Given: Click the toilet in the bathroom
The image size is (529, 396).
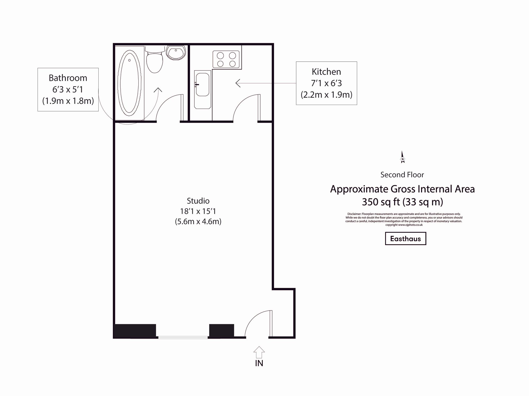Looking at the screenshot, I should click(x=155, y=62).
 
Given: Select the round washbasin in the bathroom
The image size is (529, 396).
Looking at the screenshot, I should click(x=176, y=53).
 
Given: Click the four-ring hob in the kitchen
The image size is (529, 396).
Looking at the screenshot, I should click(x=226, y=59).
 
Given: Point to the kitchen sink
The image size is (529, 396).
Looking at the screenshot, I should click(x=203, y=85).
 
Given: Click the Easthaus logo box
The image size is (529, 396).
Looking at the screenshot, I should click(x=405, y=239).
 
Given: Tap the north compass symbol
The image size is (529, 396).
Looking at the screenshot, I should click(x=403, y=158).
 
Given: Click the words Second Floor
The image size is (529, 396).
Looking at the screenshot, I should click(x=402, y=175).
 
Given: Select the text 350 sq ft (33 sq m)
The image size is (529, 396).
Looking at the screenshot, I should click(x=402, y=202).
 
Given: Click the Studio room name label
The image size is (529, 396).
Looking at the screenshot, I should click(x=198, y=201).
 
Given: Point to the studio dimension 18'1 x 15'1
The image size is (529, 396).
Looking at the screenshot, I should click(x=198, y=211).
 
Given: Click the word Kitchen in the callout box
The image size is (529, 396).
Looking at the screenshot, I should click(x=326, y=72).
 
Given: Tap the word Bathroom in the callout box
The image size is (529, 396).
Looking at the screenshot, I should click(x=68, y=78).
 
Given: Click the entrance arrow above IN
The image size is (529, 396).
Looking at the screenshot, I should click(x=259, y=352).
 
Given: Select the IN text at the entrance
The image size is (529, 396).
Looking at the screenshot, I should click(x=259, y=363).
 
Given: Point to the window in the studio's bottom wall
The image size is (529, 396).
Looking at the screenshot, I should click(x=183, y=337).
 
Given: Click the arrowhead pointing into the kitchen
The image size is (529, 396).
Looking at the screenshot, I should click(x=238, y=83).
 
